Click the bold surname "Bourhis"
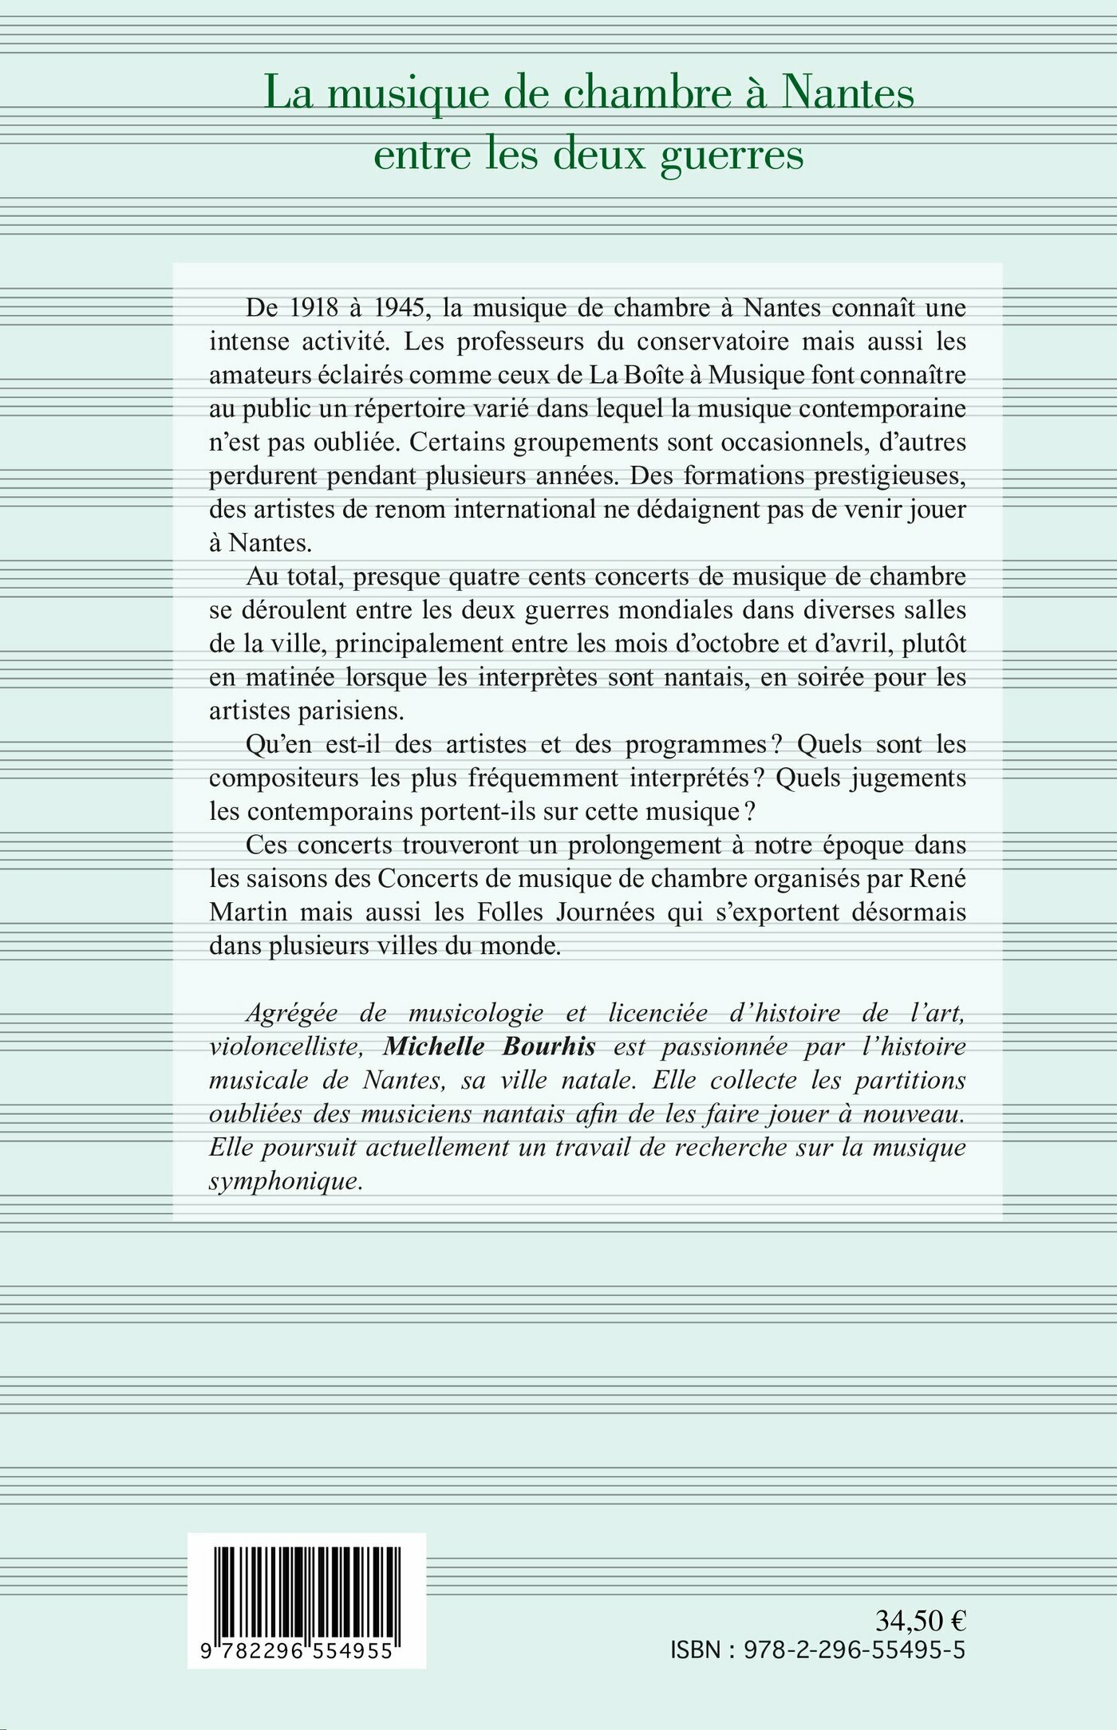click(x=550, y=1046)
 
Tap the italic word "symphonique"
click(x=285, y=1180)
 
